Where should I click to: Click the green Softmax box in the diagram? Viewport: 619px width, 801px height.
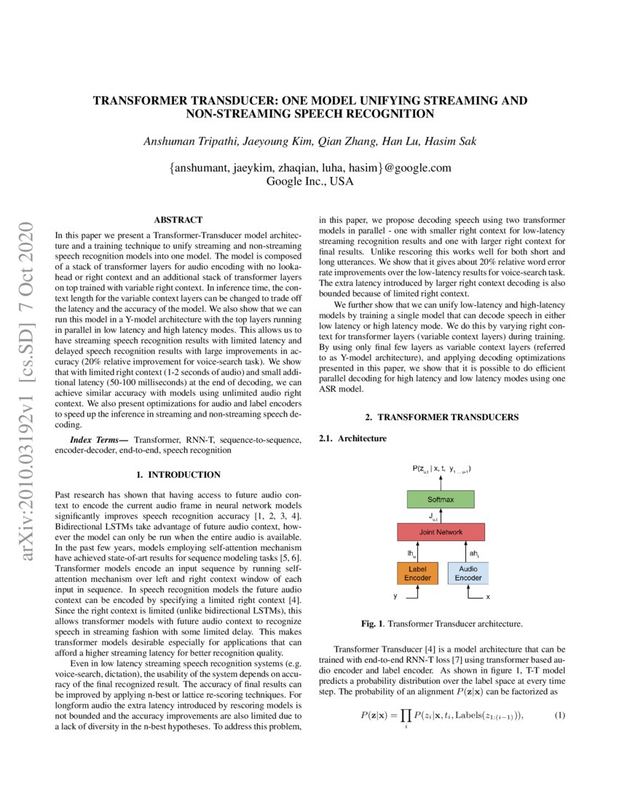coord(441,499)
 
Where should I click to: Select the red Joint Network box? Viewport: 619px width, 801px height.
coord(441,532)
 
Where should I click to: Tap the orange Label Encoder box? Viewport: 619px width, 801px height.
coord(417,573)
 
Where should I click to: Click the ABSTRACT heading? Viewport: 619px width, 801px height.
coord(178,219)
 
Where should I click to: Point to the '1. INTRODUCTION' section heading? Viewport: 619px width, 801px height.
coord(178,475)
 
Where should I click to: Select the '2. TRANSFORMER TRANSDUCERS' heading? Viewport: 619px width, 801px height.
coord(441,417)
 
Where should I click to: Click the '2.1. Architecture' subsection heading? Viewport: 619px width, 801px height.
coord(353,438)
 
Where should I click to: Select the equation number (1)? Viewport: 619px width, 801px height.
coord(559,715)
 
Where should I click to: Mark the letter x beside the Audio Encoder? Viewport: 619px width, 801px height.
coord(487,597)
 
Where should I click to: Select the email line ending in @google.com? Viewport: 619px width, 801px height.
coord(309,167)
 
